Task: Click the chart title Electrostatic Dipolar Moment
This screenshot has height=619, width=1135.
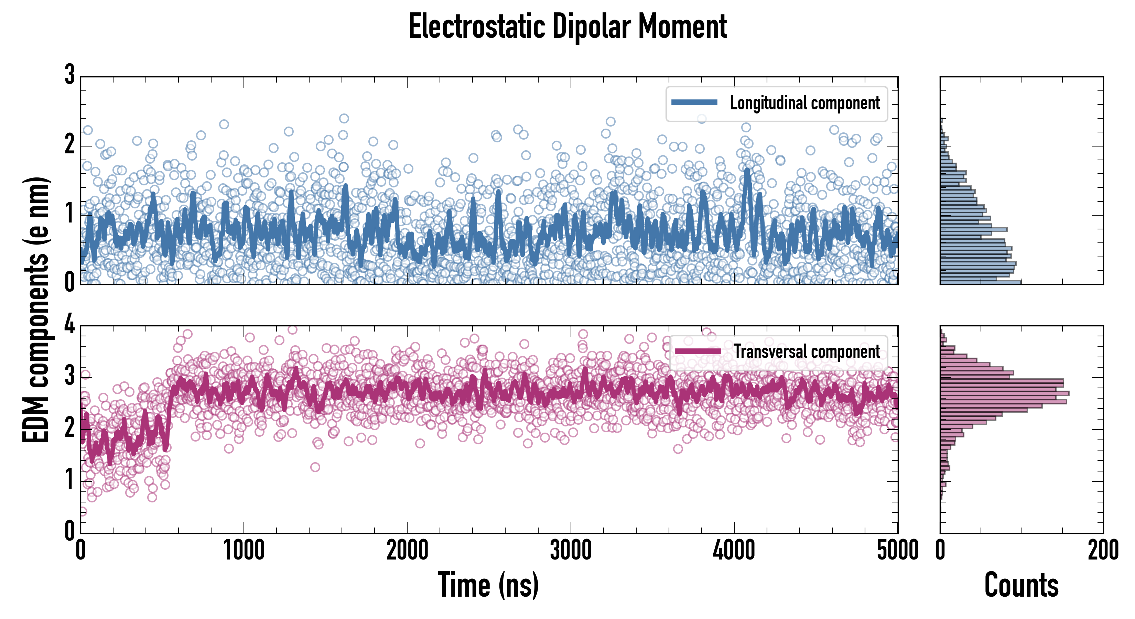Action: [x=567, y=26]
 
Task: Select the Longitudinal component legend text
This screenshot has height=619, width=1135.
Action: [x=804, y=103]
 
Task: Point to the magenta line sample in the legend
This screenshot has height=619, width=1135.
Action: [x=698, y=351]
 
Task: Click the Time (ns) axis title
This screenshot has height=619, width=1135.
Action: [x=488, y=584]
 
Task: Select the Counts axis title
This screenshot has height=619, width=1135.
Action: [x=1021, y=584]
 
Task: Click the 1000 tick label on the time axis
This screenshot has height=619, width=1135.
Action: [x=244, y=551]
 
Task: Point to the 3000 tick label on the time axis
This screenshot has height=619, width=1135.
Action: [x=571, y=551]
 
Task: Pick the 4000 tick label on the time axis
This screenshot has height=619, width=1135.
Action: [x=734, y=551]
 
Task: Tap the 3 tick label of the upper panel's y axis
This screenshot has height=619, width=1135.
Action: [x=69, y=75]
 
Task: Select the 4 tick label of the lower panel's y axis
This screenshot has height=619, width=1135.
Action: [x=69, y=325]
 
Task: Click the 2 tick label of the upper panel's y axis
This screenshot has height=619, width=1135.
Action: [x=69, y=144]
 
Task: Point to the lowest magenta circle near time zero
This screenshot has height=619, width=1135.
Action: [x=83, y=511]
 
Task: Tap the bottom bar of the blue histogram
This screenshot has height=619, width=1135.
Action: [x=981, y=282]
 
